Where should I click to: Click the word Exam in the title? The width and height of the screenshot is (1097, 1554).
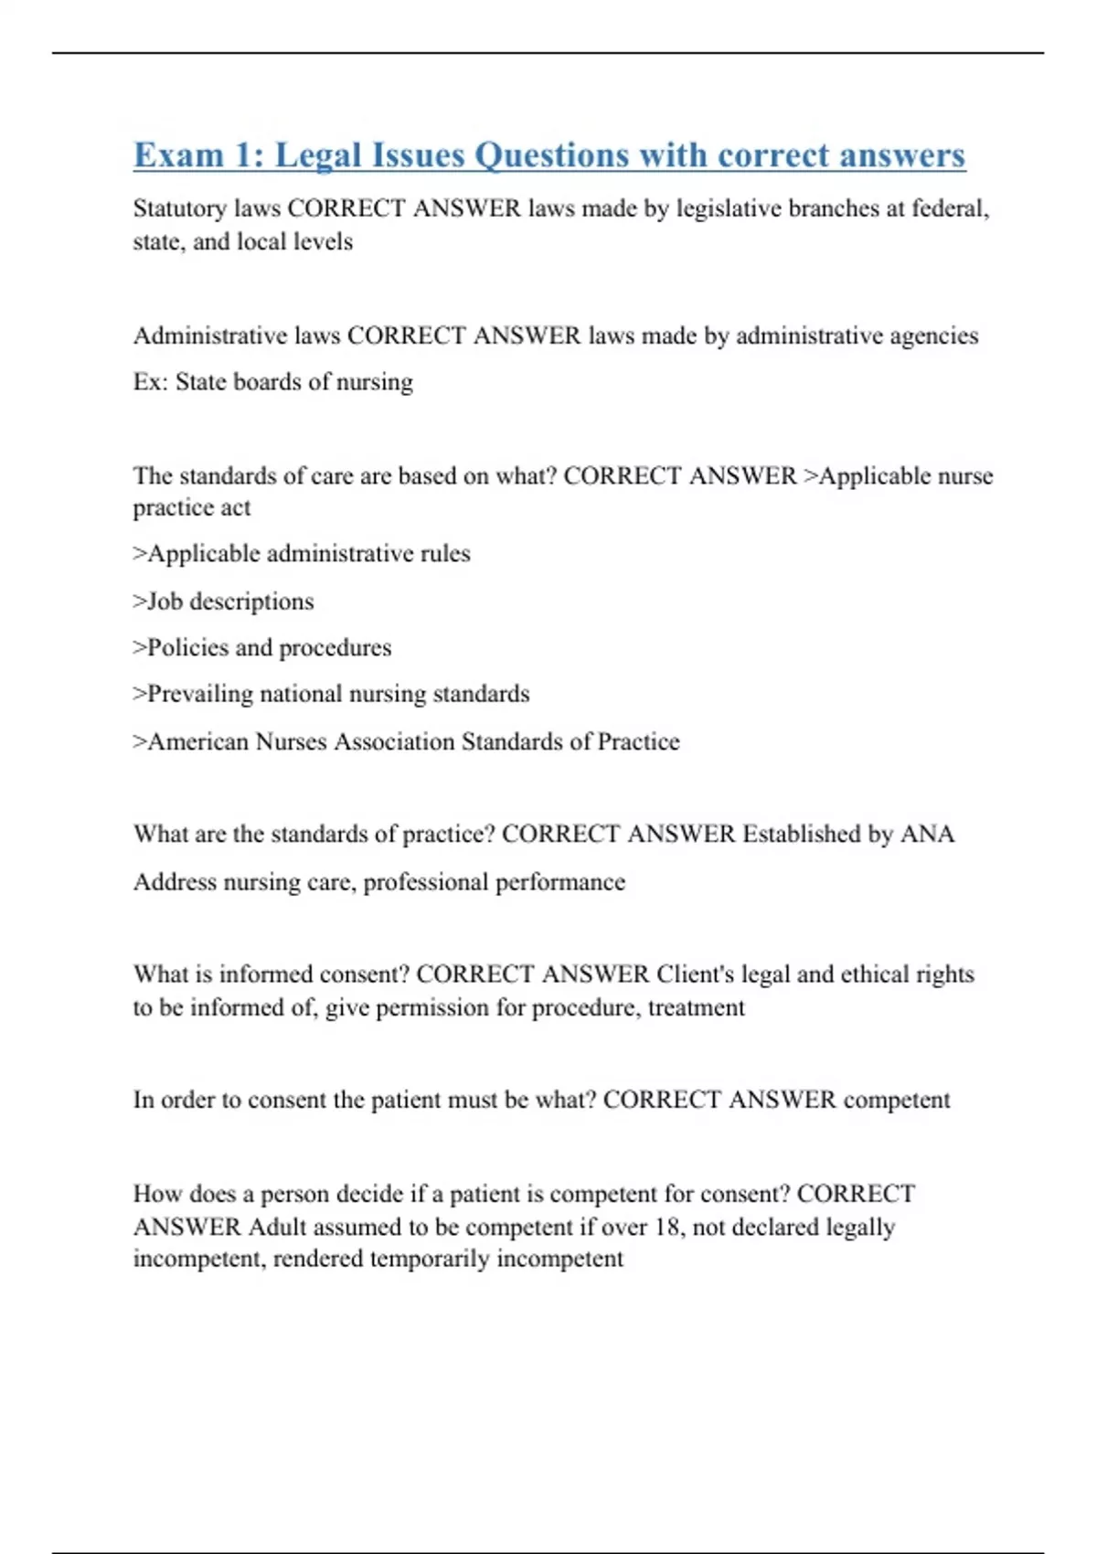point(179,155)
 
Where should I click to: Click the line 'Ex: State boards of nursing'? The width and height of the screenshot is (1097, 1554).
point(272,382)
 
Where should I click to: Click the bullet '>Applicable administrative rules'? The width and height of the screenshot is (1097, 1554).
point(302,554)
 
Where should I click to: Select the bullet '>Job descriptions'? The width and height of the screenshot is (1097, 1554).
point(223,601)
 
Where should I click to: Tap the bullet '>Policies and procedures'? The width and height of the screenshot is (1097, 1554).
point(262,648)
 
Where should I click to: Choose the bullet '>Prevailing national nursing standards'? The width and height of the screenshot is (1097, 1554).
point(331,694)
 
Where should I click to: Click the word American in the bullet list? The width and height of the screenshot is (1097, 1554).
point(197,741)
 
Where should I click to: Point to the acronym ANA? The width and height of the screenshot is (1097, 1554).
point(927,835)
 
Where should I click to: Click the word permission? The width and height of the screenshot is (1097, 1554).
point(432,1008)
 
